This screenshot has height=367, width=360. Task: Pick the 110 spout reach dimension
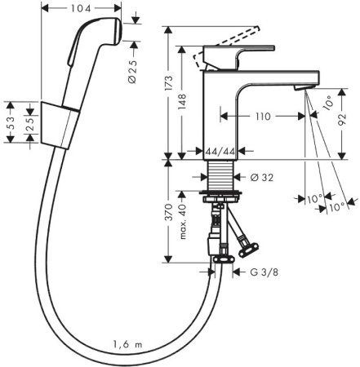(x=260, y=117)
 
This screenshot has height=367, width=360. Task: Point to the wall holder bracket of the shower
(x=57, y=122)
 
